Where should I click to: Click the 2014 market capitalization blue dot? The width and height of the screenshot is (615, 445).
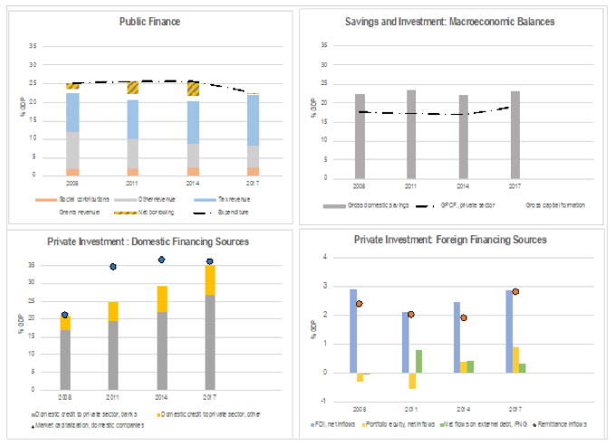click(161, 260)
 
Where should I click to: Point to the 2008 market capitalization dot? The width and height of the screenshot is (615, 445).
click(64, 315)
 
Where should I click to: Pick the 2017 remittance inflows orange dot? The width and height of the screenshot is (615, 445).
click(515, 291)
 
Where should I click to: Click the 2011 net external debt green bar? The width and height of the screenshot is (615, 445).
click(419, 361)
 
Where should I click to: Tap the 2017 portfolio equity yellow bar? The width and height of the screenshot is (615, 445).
click(515, 359)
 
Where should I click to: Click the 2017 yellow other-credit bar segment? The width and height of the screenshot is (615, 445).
click(210, 280)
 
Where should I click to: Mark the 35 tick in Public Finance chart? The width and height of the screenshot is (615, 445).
click(33, 46)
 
